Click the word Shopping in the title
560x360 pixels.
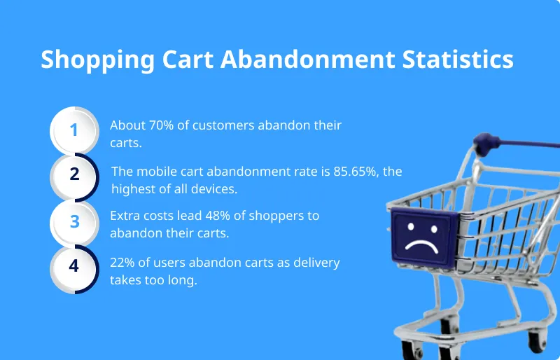click(x=87, y=60)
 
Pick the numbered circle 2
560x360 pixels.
click(x=74, y=176)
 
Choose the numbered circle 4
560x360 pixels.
click(x=74, y=268)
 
